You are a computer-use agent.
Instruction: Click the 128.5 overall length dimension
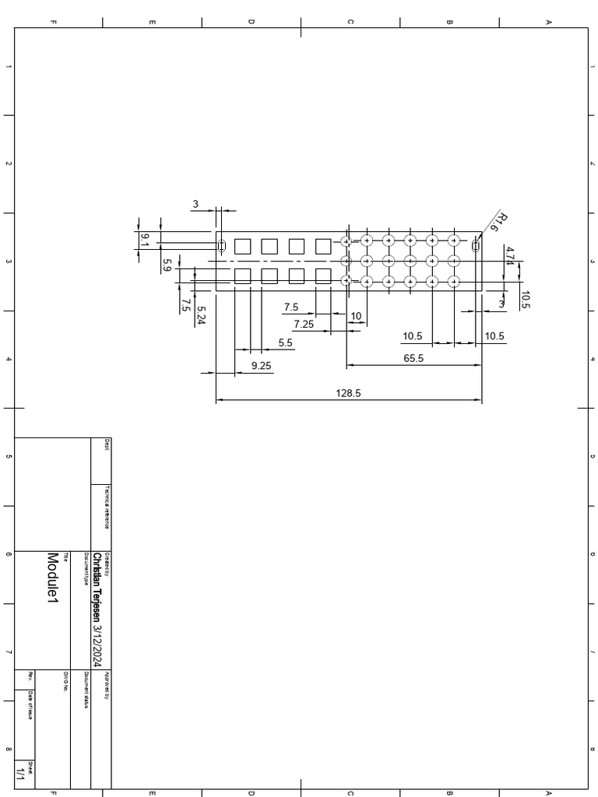tap(348, 393)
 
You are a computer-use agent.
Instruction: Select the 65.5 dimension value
tap(413, 358)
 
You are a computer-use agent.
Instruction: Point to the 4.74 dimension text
tap(509, 257)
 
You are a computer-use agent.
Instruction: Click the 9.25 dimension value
tap(262, 365)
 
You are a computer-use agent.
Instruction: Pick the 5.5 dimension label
tap(285, 342)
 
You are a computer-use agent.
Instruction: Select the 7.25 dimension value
tap(303, 324)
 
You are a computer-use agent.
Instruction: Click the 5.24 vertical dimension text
tap(201, 314)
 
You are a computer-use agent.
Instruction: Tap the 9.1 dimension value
tap(145, 240)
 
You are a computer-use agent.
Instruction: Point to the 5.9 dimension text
tap(167, 265)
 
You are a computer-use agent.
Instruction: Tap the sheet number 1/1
tap(20, 774)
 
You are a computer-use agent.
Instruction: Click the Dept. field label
tap(107, 444)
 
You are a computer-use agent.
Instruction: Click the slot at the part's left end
tap(221, 246)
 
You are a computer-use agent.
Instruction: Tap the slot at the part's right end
tap(475, 246)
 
